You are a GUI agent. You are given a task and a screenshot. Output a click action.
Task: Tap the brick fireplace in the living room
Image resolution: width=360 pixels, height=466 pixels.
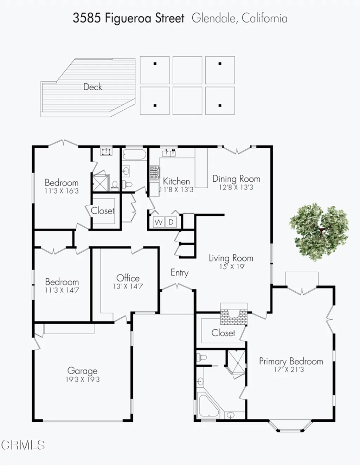233,314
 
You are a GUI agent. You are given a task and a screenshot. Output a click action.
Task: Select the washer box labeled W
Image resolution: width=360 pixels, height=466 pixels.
159,222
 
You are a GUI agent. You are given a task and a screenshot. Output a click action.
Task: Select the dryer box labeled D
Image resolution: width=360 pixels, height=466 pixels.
171,222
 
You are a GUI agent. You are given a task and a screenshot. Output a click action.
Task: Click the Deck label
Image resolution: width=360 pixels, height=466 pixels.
92,87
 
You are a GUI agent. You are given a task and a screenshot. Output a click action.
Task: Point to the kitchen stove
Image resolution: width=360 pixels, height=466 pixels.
154,173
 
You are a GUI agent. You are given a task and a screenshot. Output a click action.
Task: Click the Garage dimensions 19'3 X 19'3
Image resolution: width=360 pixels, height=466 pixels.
82,380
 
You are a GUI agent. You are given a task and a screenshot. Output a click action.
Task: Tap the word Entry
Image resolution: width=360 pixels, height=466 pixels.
179,273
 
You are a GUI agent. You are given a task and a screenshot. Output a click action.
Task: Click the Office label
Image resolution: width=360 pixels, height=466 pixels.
128,278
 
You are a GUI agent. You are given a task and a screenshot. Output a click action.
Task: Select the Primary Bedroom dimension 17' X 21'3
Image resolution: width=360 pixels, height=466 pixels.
289,370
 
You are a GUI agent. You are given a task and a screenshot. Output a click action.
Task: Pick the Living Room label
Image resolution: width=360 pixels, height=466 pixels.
231,258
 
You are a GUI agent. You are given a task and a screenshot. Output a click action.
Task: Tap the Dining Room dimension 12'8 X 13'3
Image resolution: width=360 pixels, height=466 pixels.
236,188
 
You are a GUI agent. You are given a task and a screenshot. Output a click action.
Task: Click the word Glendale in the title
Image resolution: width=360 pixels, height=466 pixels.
214,18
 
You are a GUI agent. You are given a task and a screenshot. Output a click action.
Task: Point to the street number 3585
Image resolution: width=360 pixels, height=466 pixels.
87,18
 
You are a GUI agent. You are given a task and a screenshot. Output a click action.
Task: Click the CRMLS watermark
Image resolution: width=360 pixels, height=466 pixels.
23,445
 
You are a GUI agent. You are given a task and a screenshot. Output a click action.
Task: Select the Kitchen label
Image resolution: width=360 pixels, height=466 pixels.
176,181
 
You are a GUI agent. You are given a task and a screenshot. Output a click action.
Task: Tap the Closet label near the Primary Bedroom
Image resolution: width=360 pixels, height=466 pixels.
223,333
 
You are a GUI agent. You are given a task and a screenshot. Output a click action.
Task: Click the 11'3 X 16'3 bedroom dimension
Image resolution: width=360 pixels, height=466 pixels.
62,191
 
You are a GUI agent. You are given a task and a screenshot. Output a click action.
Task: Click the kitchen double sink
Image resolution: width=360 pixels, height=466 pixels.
169,153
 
